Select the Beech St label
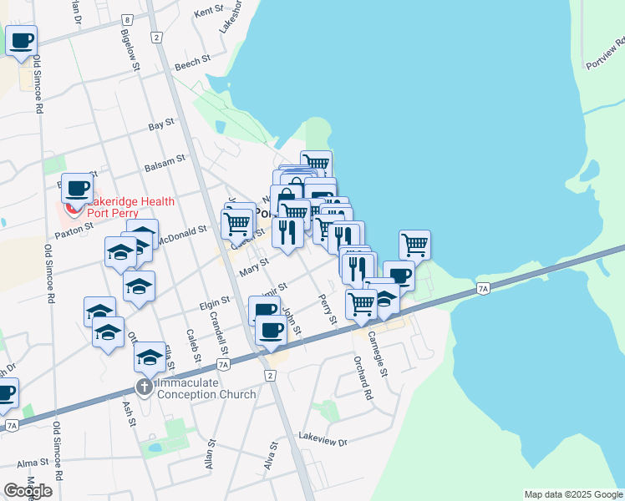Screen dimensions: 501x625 190,66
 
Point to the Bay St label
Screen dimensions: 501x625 160,124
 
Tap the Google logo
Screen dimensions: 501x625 28,491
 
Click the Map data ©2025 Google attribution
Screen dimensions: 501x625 573,494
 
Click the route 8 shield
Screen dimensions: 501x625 127,19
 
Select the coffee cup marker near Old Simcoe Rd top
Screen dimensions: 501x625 21,39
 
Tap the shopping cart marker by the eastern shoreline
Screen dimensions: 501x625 414,245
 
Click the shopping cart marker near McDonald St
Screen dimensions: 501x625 236,223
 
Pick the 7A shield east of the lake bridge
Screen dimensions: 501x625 483,289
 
